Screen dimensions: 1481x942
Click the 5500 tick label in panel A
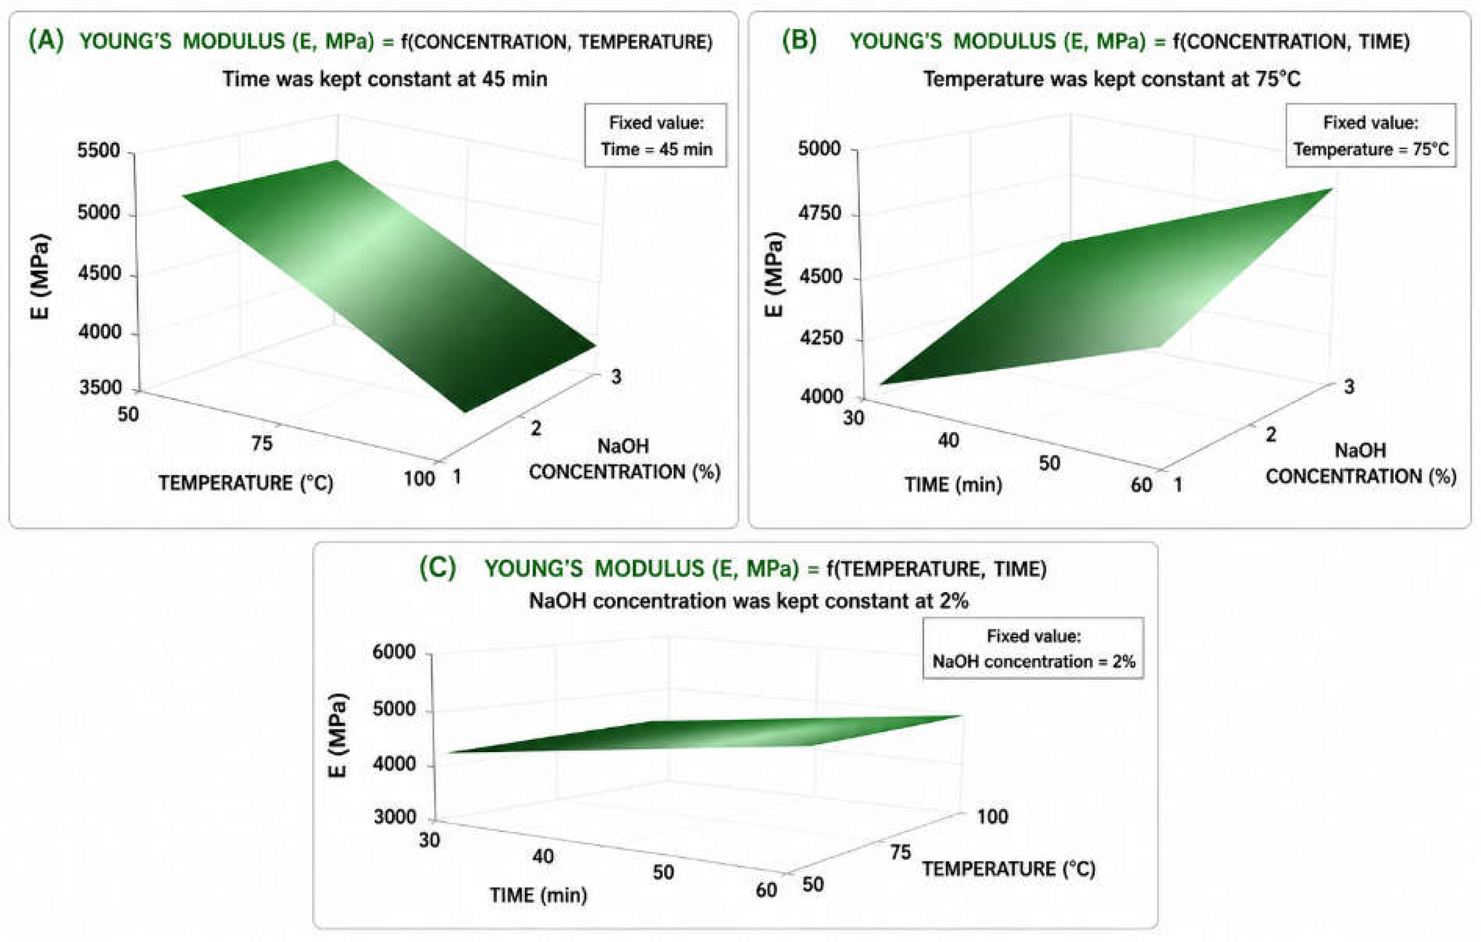coord(99,151)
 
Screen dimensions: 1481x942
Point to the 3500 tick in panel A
coord(100,388)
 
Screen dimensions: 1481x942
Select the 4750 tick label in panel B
coord(819,214)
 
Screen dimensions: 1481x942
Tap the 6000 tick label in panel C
coord(394,652)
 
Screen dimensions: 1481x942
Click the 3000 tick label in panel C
coord(395,817)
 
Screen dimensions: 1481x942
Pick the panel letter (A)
coord(46,41)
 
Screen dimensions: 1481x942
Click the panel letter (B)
coord(799,41)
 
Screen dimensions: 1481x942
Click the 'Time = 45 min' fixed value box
coord(656,135)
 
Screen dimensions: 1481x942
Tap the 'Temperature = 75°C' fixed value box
coord(1371,135)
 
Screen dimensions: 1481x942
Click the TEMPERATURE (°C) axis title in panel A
coord(246,483)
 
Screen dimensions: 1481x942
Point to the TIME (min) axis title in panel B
coord(953,485)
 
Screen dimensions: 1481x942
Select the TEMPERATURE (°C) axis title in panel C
coord(1008,869)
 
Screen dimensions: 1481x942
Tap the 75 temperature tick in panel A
coord(262,443)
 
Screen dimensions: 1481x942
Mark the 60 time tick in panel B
coord(1142,485)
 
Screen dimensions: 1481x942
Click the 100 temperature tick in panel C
coord(993,817)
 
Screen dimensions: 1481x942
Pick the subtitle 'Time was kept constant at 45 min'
coord(384,79)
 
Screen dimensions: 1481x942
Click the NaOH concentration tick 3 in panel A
coord(616,377)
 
